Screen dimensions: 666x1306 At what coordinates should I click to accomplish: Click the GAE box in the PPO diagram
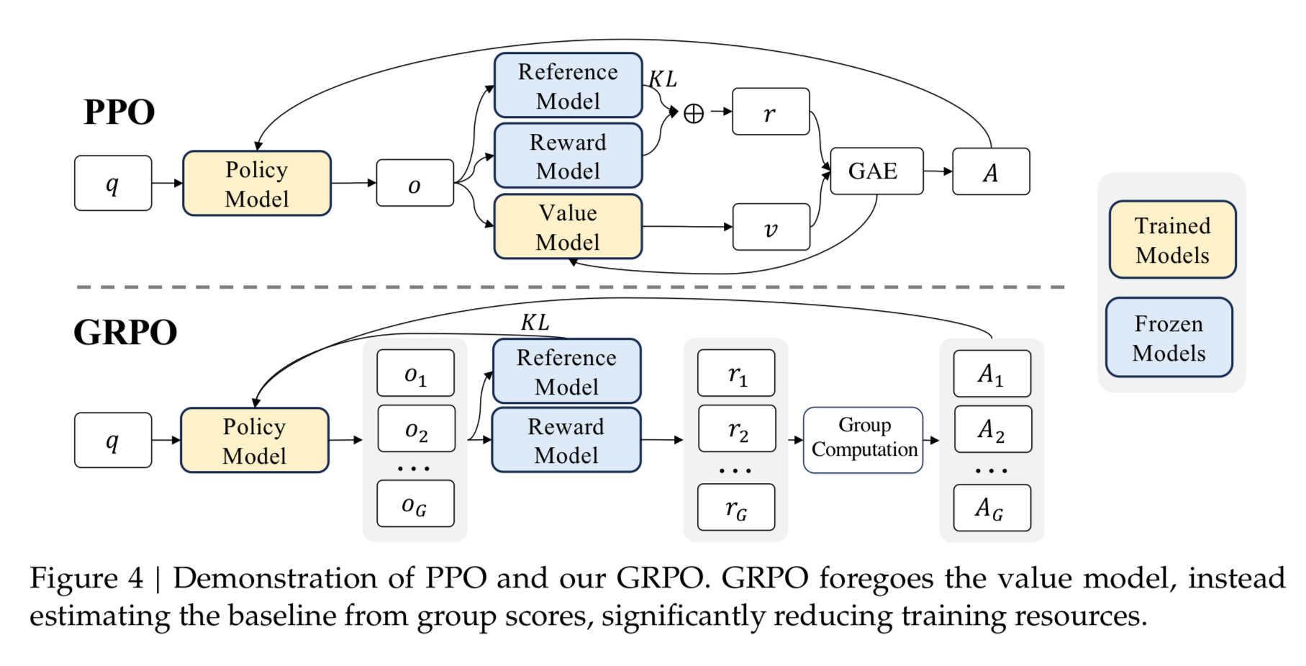[x=876, y=171]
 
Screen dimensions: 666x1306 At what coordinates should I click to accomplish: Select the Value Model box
[x=568, y=227]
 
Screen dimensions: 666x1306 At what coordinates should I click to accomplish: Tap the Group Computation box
[x=863, y=439]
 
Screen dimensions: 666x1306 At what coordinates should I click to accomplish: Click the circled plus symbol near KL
[x=693, y=113]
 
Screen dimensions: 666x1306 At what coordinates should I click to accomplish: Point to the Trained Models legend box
[x=1172, y=240]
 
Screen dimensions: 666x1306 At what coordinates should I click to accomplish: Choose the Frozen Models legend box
[x=1169, y=338]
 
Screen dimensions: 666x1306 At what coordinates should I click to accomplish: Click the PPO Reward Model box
[x=568, y=156]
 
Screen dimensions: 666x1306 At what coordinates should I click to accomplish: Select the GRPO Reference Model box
[x=566, y=372]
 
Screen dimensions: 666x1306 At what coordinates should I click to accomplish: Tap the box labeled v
[x=771, y=228]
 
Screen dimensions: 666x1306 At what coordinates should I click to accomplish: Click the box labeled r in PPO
[x=770, y=112]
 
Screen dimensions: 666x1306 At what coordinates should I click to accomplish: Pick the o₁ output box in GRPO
[x=415, y=373]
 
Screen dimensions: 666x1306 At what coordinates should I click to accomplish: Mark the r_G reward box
[x=736, y=508]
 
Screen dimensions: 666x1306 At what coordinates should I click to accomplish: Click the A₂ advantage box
[x=992, y=429]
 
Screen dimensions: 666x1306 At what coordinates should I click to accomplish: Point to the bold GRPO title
[x=125, y=332]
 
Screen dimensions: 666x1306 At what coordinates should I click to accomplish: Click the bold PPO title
[x=119, y=112]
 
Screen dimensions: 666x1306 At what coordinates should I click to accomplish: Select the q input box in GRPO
[x=113, y=440]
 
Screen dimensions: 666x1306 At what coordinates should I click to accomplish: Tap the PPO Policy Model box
[x=257, y=184]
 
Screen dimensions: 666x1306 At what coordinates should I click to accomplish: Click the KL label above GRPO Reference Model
[x=535, y=322]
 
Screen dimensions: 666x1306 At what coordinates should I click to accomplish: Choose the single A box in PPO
[x=991, y=171]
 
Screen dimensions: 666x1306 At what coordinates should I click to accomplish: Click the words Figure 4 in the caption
[x=86, y=578]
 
